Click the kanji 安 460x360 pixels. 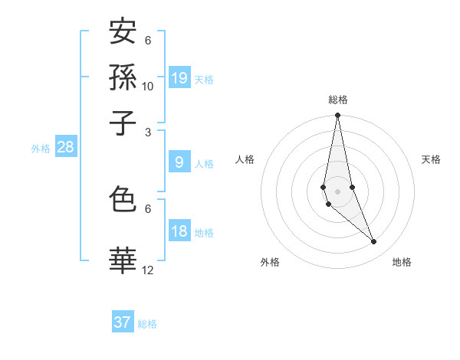click(x=123, y=32)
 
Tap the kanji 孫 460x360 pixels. click(x=123, y=77)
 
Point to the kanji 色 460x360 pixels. click(x=123, y=200)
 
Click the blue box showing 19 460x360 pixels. click(x=179, y=78)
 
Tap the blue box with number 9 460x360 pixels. click(x=179, y=162)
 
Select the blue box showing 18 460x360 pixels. click(x=179, y=232)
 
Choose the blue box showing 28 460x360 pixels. click(x=66, y=148)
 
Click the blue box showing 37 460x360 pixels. click(x=123, y=322)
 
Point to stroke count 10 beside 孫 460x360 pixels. click(x=148, y=87)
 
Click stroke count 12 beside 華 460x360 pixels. click(x=148, y=270)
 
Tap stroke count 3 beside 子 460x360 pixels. click(x=148, y=132)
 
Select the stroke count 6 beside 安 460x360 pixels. click(x=148, y=41)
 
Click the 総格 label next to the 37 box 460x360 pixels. click(x=147, y=324)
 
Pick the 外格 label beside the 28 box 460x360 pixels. click(x=41, y=149)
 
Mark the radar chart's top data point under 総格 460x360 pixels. click(x=337, y=116)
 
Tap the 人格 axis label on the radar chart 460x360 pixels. click(x=245, y=159)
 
